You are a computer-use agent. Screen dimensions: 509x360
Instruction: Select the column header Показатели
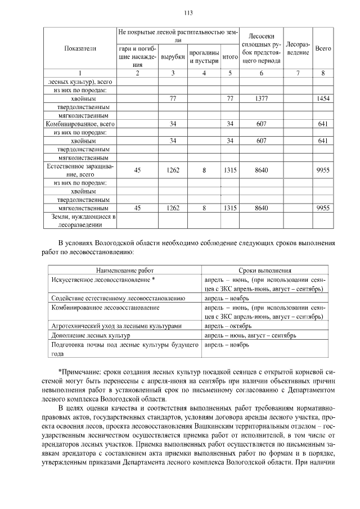[79, 49]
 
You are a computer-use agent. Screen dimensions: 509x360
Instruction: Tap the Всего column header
[323, 49]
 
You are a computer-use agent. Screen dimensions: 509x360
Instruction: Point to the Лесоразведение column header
[298, 48]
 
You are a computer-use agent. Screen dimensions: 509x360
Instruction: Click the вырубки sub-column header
[172, 57]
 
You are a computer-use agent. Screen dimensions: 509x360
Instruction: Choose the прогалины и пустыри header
[204, 57]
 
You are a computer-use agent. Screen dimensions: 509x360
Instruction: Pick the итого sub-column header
[229, 57]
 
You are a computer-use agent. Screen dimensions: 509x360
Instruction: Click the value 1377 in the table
[261, 98]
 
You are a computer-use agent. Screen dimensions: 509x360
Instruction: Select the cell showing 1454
[323, 98]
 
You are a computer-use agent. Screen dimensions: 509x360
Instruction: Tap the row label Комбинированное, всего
[79, 123]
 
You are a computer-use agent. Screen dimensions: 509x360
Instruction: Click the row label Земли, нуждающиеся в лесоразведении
[79, 220]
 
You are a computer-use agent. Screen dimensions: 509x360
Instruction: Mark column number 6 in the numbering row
[261, 73]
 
